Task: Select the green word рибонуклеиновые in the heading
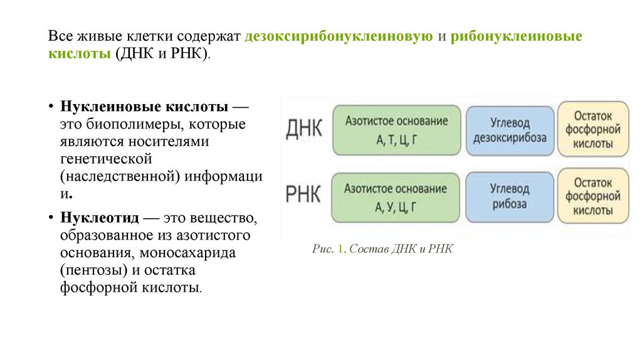point(516,37)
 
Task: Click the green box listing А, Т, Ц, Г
point(396,130)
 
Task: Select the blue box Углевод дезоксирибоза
point(510,130)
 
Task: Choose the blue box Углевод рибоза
point(510,196)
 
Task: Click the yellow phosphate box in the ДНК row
point(593,129)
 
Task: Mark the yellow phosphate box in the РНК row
point(593,196)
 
